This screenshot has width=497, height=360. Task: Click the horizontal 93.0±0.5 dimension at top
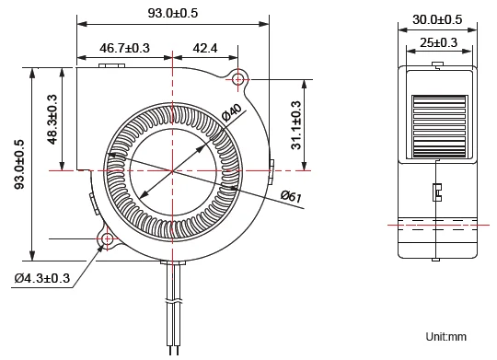(x=173, y=13)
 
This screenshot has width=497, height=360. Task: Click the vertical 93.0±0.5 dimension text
(x=19, y=164)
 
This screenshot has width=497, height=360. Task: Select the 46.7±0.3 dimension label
(x=124, y=48)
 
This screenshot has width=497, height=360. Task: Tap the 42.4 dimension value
(x=205, y=48)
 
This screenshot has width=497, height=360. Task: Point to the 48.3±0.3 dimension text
(x=52, y=120)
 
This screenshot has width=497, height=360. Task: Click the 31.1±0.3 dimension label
(x=296, y=125)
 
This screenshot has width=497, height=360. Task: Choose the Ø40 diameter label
(x=231, y=112)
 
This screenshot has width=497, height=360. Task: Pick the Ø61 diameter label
(x=291, y=196)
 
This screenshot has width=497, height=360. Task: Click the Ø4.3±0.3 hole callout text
(x=41, y=278)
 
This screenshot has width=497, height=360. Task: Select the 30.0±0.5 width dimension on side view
(x=437, y=19)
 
